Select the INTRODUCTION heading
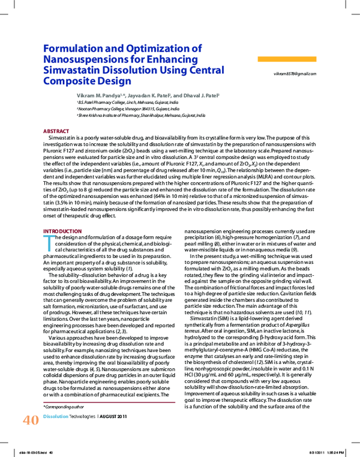tap(62, 231)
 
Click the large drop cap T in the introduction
tap(49, 240)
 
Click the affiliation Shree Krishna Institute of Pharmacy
tap(132, 115)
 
